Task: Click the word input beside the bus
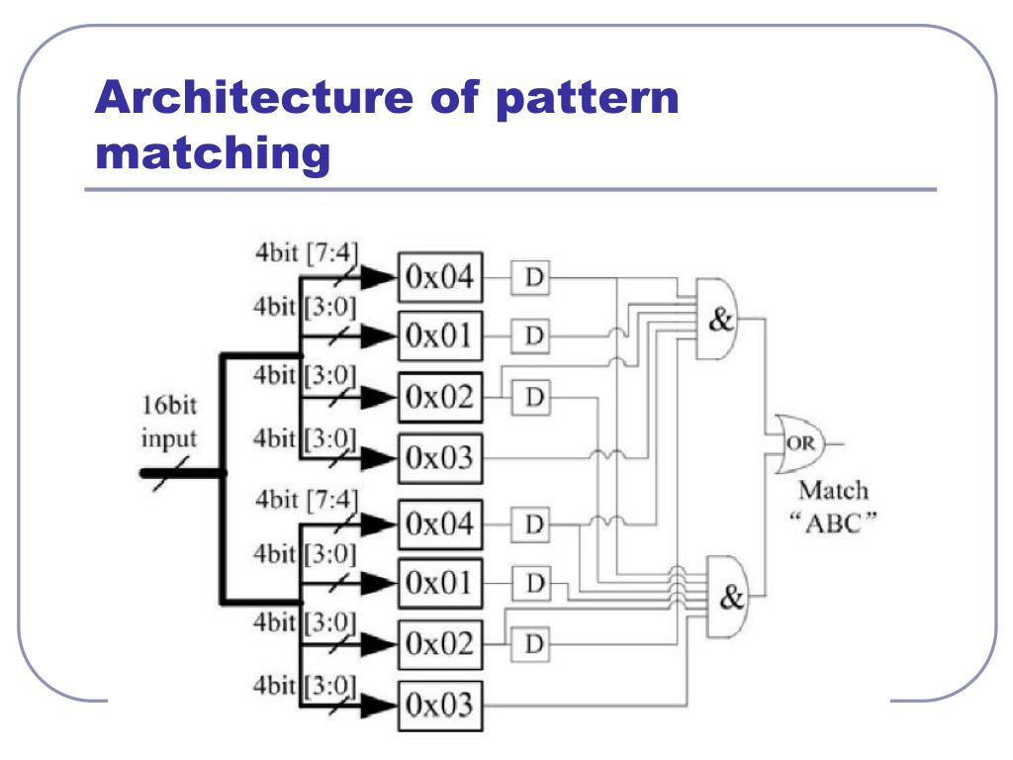click(169, 437)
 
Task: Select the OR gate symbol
click(799, 442)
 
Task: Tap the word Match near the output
click(833, 490)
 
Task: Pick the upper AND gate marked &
click(720, 318)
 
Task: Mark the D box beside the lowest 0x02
click(534, 645)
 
